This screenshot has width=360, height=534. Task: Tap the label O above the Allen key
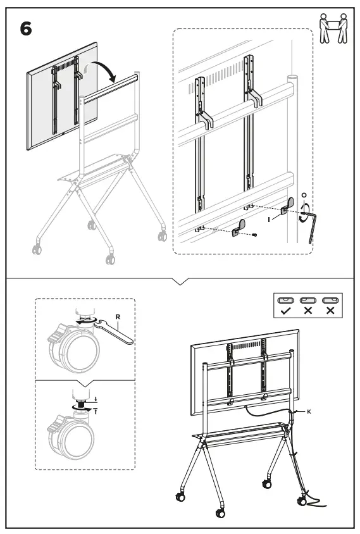point(305,196)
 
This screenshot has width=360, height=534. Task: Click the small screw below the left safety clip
point(254,236)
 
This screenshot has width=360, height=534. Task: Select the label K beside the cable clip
point(309,411)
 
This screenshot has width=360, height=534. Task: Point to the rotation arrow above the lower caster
point(82,409)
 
